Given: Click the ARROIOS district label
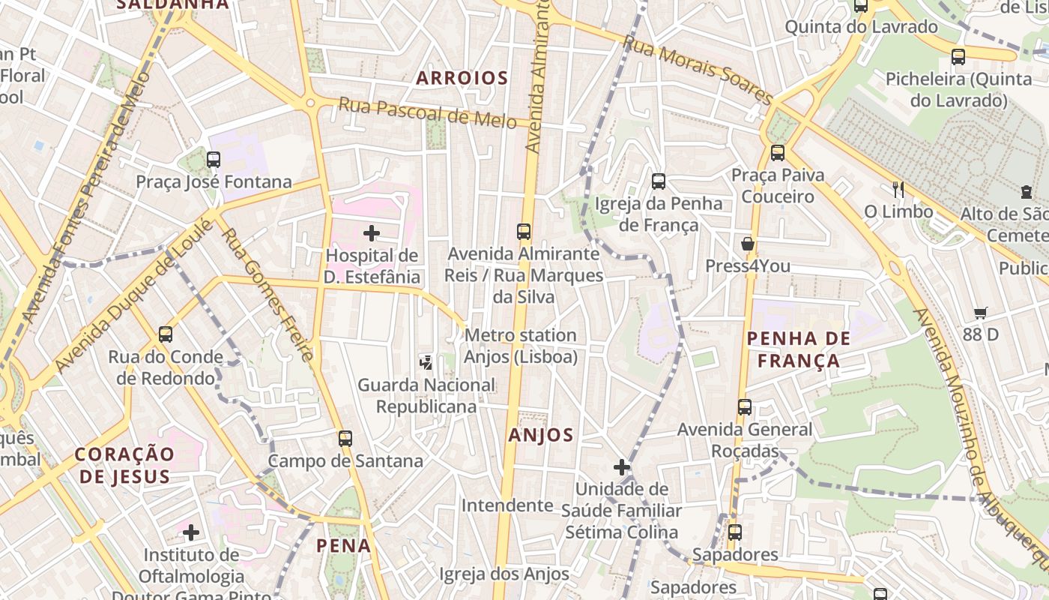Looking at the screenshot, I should click(462, 78).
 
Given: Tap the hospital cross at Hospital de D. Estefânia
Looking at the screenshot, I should click(372, 233).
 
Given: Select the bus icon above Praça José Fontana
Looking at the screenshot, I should click(214, 159).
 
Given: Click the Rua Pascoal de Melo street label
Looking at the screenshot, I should click(427, 112).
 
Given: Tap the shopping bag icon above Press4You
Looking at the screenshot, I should click(747, 244).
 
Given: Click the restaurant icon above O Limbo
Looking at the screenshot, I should click(898, 189).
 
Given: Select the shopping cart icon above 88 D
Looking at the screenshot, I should click(980, 313).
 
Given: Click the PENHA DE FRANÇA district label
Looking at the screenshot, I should click(798, 349).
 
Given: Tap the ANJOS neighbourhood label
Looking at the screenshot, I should click(540, 435).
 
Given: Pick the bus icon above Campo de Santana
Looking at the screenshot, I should click(345, 439).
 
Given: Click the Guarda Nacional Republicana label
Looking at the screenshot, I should click(426, 396).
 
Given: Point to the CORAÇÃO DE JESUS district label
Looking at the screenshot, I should click(124, 465).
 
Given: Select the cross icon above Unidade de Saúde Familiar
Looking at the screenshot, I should click(621, 467).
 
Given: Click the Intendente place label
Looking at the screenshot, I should click(507, 505).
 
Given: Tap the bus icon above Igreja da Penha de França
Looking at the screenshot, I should click(659, 181).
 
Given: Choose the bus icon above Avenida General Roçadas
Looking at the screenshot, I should click(744, 407).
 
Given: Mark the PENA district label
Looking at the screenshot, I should click(344, 546).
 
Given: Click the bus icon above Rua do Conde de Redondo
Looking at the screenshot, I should click(166, 334).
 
